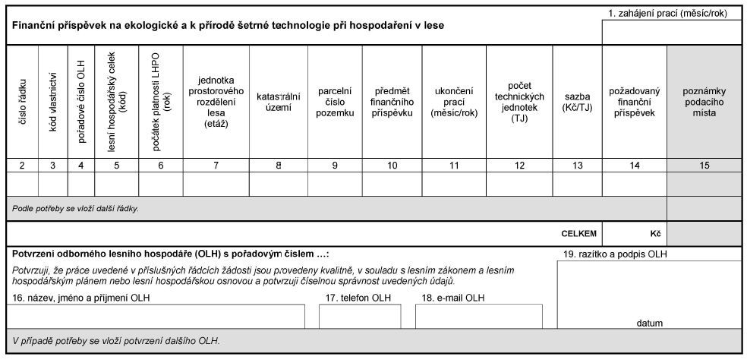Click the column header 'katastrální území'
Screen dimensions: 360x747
pyautogui.click(x=278, y=103)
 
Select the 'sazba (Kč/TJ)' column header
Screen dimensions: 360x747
pyautogui.click(x=577, y=103)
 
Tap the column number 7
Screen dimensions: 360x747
pyautogui.click(x=216, y=165)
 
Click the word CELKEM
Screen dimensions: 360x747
pyautogui.click(x=578, y=234)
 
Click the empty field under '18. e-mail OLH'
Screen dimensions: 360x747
pyautogui.click(x=478, y=317)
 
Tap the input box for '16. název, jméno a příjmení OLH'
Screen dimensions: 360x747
pyautogui.click(x=158, y=317)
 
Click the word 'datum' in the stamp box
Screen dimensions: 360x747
pyautogui.click(x=649, y=323)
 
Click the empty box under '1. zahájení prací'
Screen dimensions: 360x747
pyautogui.click(x=672, y=33)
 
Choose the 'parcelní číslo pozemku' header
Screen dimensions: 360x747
pyautogui.click(x=335, y=103)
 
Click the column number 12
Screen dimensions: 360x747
pyautogui.click(x=519, y=165)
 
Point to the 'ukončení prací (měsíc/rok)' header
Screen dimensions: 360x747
pyautogui.click(x=454, y=103)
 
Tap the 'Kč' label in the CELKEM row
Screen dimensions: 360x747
pyautogui.click(x=654, y=234)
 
